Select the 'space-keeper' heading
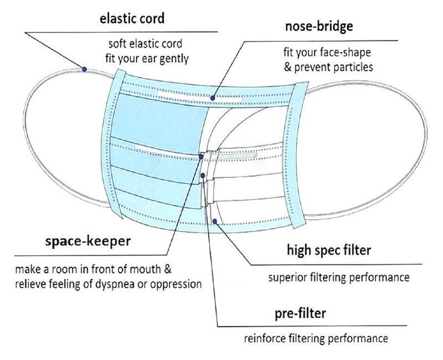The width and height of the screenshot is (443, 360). tap(87, 243)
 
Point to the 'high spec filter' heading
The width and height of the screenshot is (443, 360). tap(329, 250)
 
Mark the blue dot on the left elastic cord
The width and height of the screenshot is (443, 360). tap(84, 69)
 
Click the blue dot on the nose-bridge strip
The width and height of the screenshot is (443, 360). tap(213, 97)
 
